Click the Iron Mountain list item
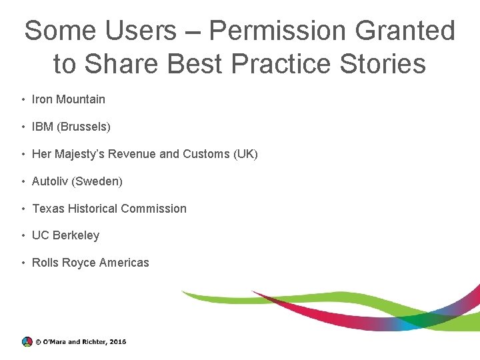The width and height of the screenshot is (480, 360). coord(69,99)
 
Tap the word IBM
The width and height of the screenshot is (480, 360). coord(42,127)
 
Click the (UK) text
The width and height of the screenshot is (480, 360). coord(245,154)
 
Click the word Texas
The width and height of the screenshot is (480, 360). coord(48,209)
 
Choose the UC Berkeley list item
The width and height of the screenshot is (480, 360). coord(65,235)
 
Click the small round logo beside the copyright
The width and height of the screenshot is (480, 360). coord(27,341)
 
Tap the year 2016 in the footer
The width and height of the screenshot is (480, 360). coord(117,342)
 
